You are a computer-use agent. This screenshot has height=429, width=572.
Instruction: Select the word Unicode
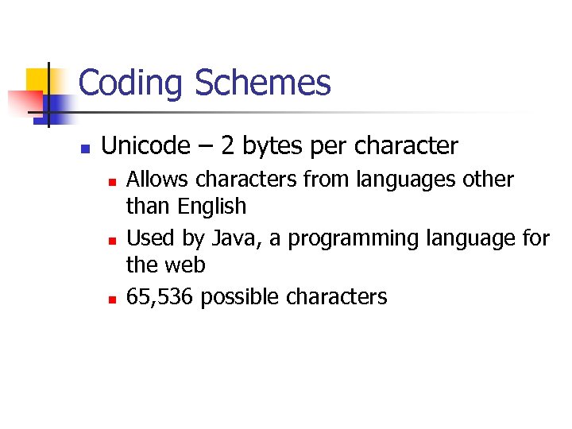[x=145, y=146]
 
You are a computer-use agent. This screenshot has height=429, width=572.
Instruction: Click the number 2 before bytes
[x=228, y=146]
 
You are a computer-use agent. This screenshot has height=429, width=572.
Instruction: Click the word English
[x=212, y=207]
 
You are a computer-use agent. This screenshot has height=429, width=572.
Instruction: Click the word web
[x=185, y=265]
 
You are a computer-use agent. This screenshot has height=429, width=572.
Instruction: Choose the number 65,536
[x=160, y=298]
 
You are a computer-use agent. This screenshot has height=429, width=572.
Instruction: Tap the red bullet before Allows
[x=113, y=182]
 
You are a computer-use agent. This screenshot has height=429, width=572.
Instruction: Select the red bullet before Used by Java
[x=113, y=240]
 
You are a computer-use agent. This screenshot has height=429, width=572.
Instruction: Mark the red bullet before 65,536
[x=113, y=300]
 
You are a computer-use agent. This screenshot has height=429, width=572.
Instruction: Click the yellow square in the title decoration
[x=38, y=79]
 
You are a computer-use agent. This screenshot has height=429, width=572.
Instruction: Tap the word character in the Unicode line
[x=407, y=146]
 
